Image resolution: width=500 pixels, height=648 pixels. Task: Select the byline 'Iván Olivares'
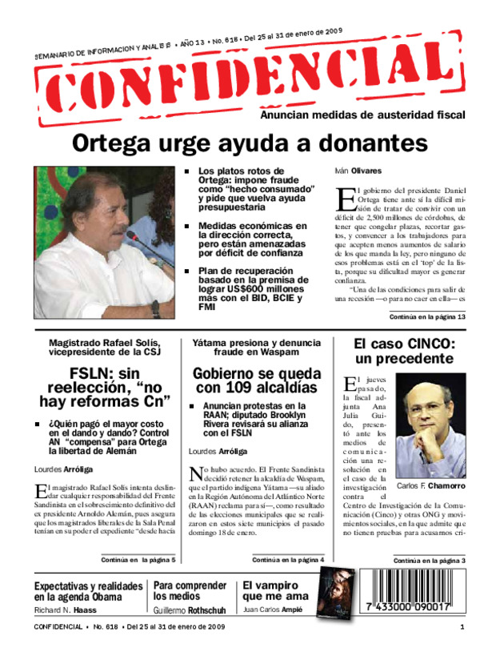pyautogui.click(x=356, y=171)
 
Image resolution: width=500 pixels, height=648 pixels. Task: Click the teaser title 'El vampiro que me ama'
pyautogui.click(x=275, y=590)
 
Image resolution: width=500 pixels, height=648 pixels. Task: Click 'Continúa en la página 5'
pyautogui.click(x=138, y=559)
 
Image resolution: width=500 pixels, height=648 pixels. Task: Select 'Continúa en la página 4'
pyautogui.click(x=288, y=559)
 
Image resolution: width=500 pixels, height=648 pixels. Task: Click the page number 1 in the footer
pyautogui.click(x=462, y=627)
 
